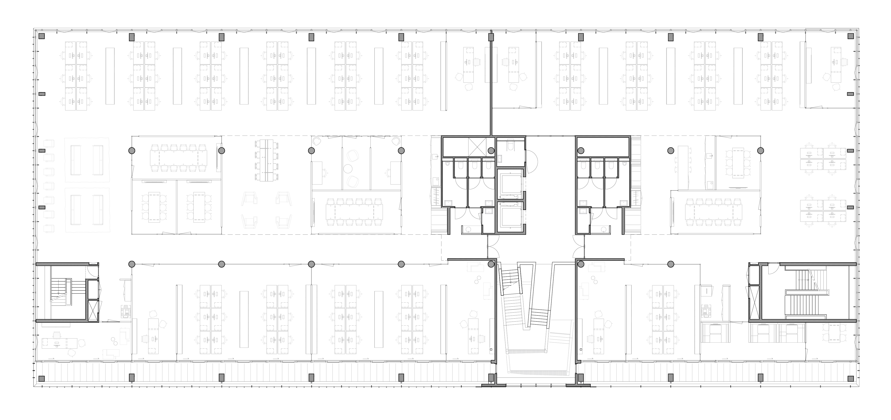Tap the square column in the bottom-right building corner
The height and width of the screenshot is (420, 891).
point(850,378)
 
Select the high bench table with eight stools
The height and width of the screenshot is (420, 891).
point(267,160)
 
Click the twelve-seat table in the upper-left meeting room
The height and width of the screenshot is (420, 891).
point(178,158)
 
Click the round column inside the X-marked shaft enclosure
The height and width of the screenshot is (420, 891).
point(491,150)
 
